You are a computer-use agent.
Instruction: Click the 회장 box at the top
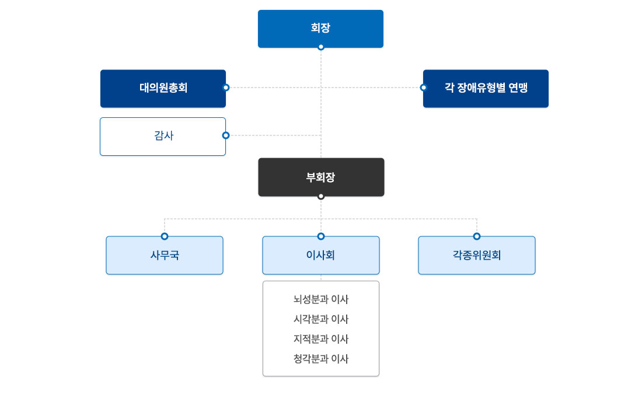tap(320, 28)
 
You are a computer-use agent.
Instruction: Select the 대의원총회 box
tap(163, 88)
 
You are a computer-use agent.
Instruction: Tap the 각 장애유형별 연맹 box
tap(486, 88)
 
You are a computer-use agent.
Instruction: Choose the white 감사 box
tap(163, 136)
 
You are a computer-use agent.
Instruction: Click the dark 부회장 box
tap(321, 177)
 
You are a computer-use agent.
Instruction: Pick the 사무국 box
tap(165, 255)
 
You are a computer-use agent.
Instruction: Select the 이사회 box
tap(321, 255)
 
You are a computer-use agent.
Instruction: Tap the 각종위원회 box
tap(477, 255)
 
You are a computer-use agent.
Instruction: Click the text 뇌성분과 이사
tap(321, 299)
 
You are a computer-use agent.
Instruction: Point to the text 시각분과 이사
tap(321, 319)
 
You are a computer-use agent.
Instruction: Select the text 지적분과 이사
tap(321, 339)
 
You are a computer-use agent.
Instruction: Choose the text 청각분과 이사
tap(321, 359)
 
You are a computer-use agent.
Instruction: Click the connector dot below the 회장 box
tap(320, 47)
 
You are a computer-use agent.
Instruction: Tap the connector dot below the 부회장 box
tap(321, 196)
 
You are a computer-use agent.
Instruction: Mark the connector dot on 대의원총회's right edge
tap(226, 88)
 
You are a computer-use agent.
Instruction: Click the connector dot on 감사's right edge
tap(226, 135)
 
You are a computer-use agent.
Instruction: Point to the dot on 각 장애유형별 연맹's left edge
tap(424, 88)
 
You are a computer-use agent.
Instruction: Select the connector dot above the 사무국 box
tap(165, 236)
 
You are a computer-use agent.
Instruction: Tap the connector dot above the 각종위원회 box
tap(477, 236)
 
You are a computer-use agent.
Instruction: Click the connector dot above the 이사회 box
tap(321, 236)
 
